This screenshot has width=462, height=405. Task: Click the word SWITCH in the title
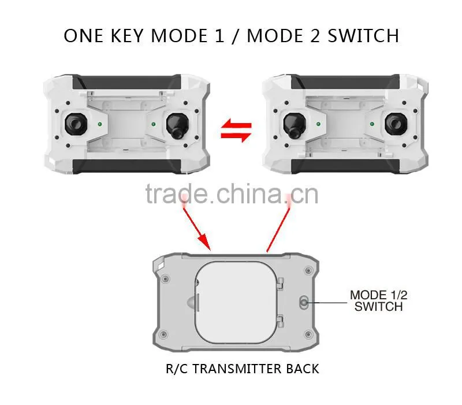tap(363, 36)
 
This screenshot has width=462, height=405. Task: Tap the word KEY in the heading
tap(127, 36)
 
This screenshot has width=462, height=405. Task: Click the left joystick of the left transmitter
tap(76, 124)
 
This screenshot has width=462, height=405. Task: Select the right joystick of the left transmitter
tap(177, 126)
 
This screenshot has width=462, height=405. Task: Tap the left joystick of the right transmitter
tap(294, 126)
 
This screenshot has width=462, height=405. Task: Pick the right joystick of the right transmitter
tap(396, 124)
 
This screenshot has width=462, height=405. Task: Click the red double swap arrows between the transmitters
tap(236, 131)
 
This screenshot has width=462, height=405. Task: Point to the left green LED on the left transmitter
tap(100, 124)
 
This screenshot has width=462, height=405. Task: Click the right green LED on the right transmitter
tap(372, 124)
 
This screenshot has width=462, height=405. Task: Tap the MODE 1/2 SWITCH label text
tap(379, 301)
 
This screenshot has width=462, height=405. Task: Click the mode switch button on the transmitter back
tap(304, 302)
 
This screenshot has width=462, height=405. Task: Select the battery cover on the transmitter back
tap(236, 302)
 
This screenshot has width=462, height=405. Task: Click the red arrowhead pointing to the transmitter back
tap(204, 242)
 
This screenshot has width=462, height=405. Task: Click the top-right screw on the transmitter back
tap(308, 270)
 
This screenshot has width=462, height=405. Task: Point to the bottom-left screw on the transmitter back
tap(163, 335)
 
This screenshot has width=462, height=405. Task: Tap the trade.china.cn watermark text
tap(232, 194)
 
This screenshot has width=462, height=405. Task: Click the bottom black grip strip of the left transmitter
tap(127, 166)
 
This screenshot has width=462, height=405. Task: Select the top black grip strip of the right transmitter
tap(345, 81)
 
